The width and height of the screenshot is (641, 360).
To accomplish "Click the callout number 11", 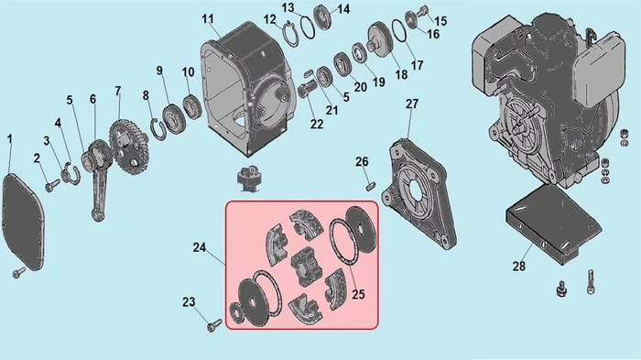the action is pos(208,19).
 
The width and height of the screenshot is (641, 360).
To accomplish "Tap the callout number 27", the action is pos(412,104).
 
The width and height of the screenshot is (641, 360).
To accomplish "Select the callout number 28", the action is pos(519,267).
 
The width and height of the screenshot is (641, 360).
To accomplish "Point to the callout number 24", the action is pos(199,247).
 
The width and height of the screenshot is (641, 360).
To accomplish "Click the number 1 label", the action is pos(10,139).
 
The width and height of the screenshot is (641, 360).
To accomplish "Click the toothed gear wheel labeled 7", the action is pos(129,146).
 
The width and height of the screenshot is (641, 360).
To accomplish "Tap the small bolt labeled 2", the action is pos(52,186).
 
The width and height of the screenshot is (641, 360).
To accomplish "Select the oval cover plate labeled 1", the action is pos(23,222).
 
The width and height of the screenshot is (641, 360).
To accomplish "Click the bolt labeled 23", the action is pos(214,325).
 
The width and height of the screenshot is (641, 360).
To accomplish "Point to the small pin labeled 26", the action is pos(370,186).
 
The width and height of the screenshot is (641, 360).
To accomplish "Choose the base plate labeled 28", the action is pos(552,223).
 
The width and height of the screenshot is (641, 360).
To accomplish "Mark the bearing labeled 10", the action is pos(192,106).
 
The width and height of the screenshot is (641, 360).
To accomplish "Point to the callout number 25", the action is pos(358,294).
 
